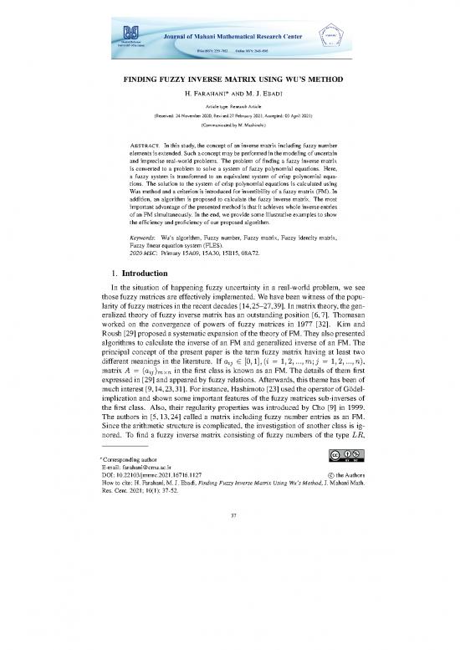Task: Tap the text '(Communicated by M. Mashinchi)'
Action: (x=229, y=124)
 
